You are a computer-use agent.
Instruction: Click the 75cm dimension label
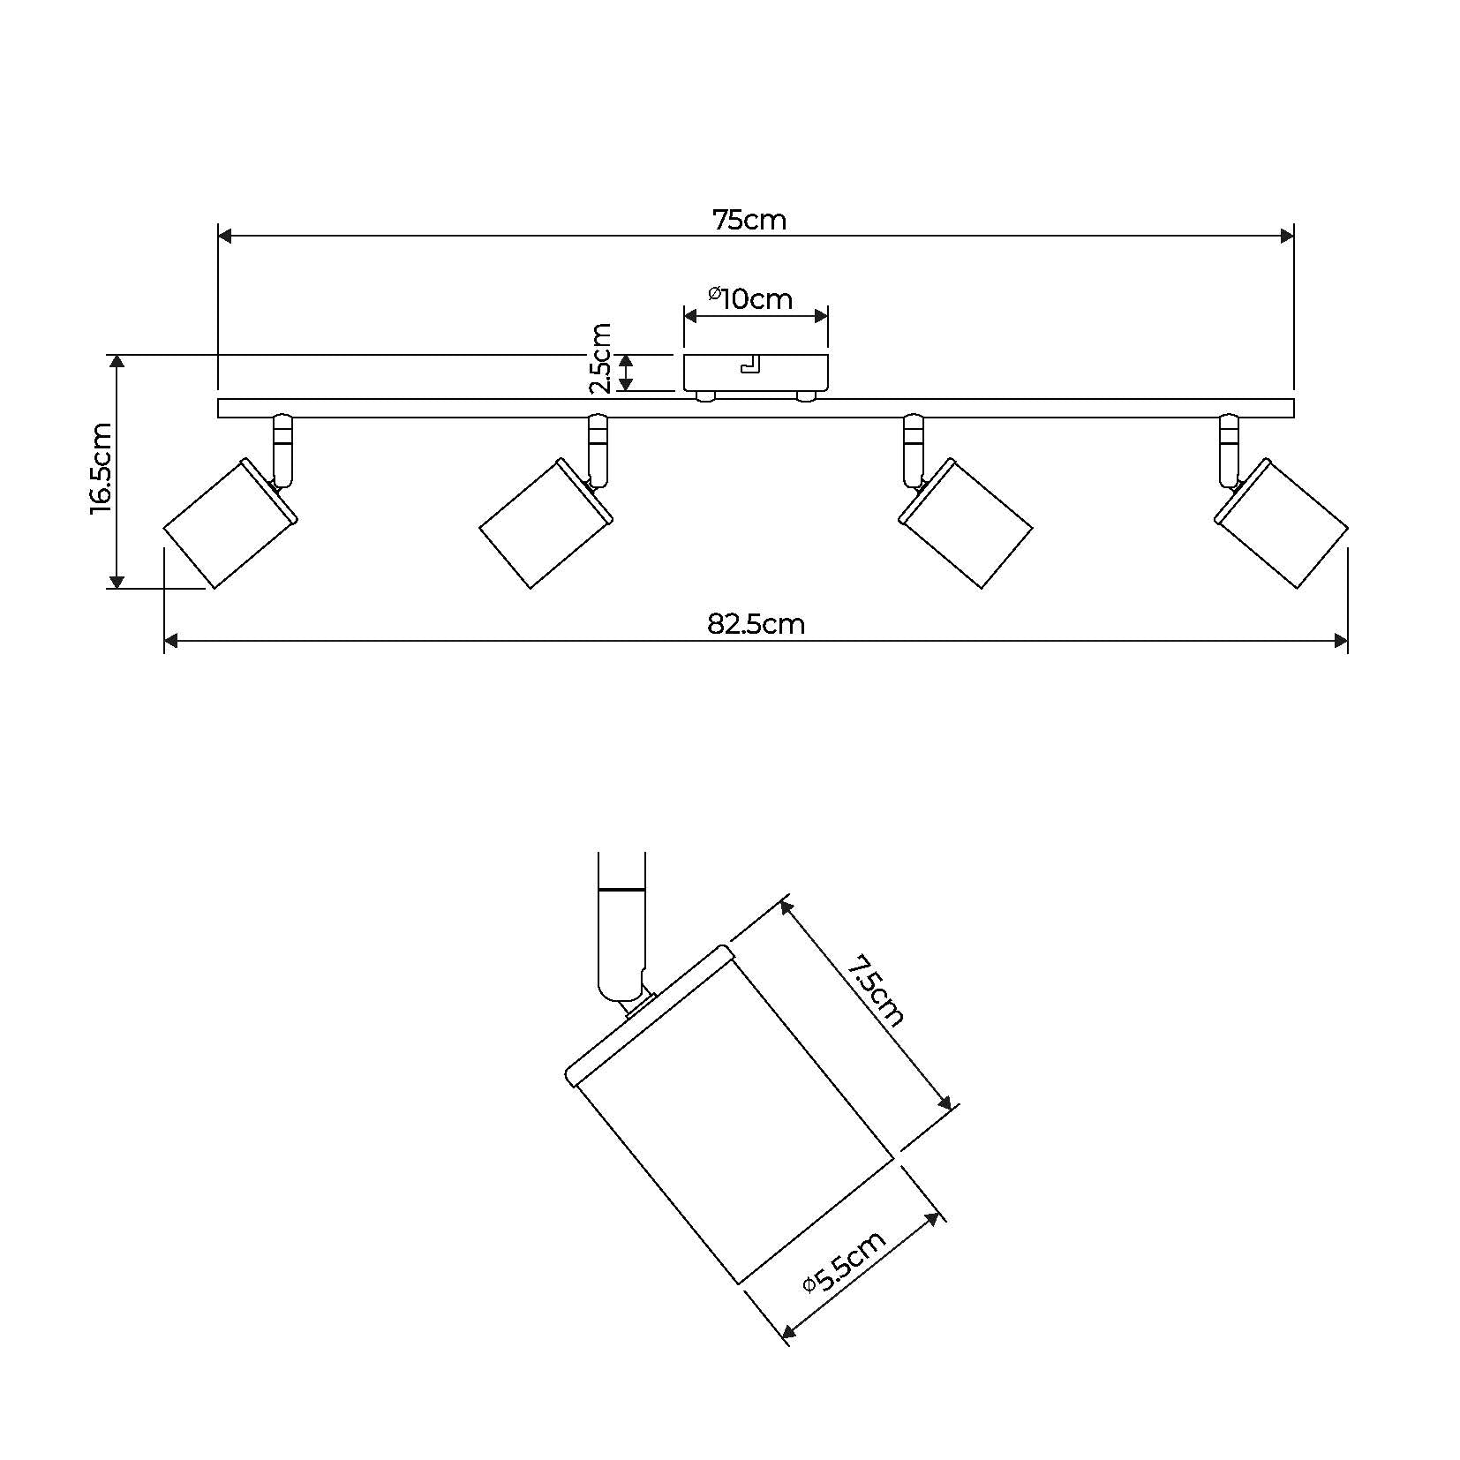[749, 219]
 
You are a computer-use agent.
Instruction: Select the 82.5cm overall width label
[756, 624]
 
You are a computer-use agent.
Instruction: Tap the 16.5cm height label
[102, 468]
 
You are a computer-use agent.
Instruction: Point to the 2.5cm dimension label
[600, 357]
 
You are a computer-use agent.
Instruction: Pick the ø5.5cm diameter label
[845, 1261]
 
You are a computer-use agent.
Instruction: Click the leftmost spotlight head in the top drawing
[230, 523]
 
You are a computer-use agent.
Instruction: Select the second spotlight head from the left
[546, 523]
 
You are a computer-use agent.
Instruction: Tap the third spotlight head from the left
[966, 523]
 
